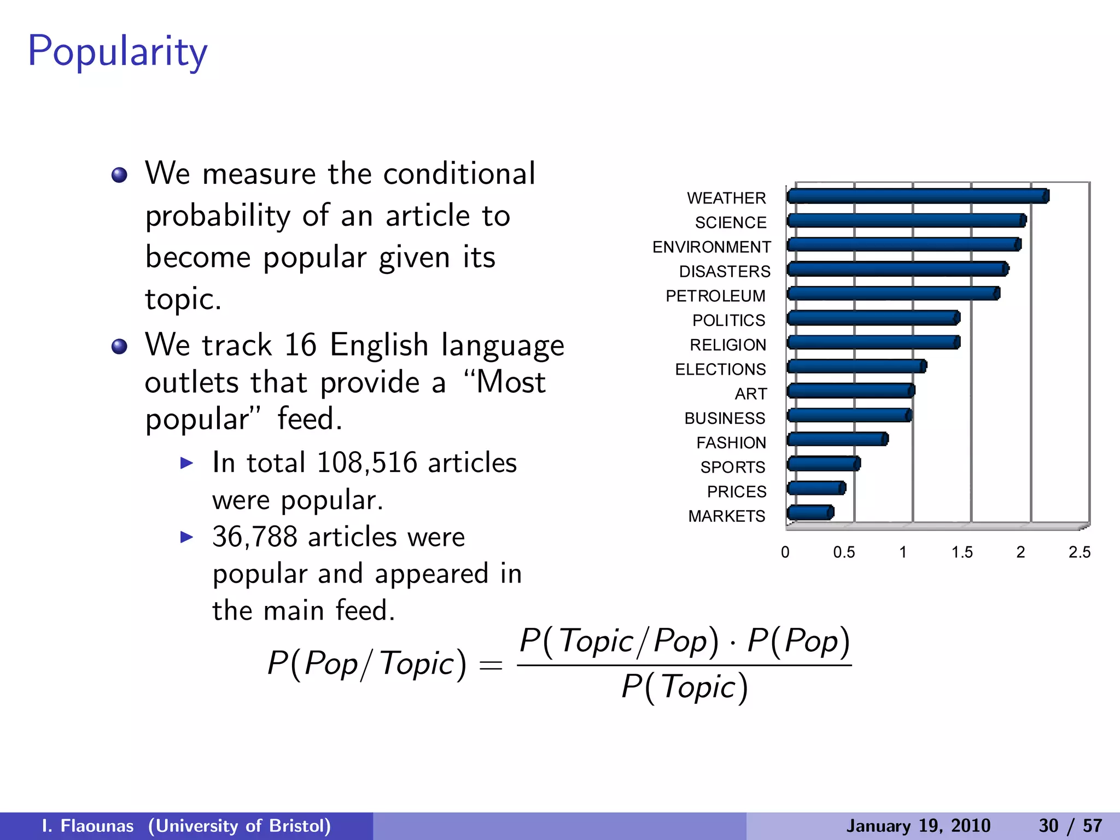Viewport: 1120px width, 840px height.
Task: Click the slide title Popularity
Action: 118,52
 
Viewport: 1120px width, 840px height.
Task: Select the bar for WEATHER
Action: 918,196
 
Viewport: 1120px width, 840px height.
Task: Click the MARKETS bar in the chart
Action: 810,513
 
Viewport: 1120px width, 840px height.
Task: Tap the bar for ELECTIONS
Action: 856,366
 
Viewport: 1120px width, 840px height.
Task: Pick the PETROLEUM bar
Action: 893,294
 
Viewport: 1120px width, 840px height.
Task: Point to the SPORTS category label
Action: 732,467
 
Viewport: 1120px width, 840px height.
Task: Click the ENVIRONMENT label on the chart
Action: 711,247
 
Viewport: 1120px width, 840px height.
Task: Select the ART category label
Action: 750,394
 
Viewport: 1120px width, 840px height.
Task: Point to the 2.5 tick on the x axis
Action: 1079,552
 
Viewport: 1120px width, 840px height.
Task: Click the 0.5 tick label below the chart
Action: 844,552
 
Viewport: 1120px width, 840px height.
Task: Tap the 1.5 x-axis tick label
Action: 961,552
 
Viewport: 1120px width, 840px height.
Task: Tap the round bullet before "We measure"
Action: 119,176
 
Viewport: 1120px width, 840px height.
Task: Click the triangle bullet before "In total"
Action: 187,463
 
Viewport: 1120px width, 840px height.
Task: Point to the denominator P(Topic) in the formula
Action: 684,687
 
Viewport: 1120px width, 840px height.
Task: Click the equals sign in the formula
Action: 490,666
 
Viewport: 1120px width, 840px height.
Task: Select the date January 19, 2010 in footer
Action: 918,826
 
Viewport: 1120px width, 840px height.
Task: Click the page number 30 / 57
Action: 1070,826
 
